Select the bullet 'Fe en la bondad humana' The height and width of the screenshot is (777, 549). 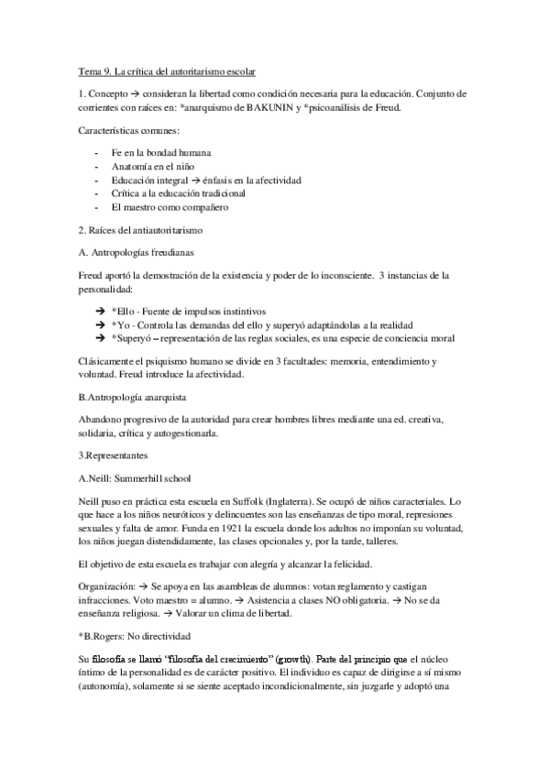tap(161, 152)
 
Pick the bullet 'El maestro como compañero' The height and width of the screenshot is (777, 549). tap(169, 207)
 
